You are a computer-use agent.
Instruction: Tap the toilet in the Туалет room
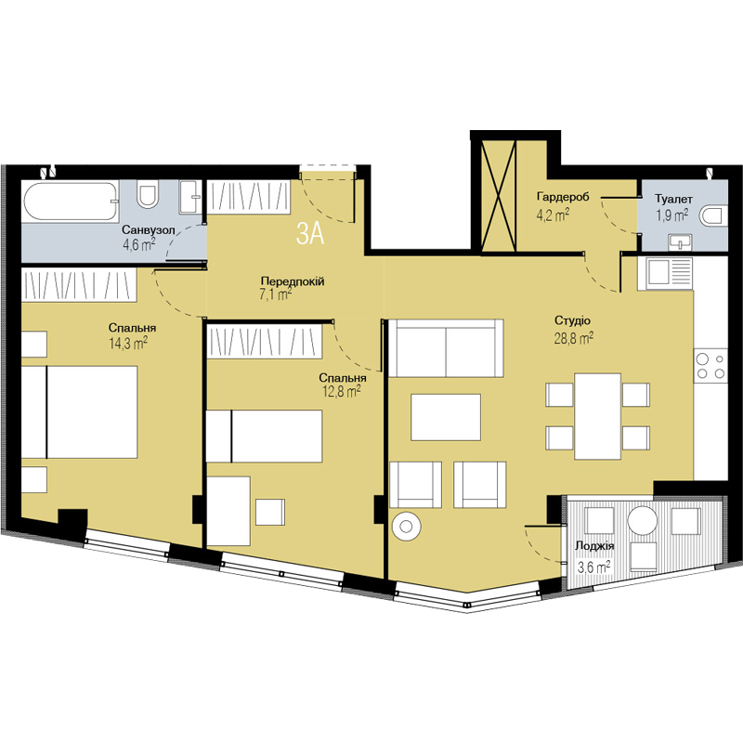tap(713, 215)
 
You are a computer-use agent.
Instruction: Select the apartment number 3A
tap(310, 234)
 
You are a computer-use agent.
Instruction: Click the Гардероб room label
tap(563, 196)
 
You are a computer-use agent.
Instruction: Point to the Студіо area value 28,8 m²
tap(574, 338)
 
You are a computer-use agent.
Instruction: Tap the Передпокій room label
tap(293, 281)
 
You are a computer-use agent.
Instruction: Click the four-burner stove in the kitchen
tap(710, 366)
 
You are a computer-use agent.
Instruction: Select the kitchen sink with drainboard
tap(665, 273)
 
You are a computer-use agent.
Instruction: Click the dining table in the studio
tap(597, 416)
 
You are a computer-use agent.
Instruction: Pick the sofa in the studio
tap(446, 347)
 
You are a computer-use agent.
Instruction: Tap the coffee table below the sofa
tap(446, 417)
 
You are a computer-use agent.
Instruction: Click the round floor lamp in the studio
tap(406, 526)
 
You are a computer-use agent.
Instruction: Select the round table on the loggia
tap(642, 520)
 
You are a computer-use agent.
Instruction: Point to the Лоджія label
tap(594, 546)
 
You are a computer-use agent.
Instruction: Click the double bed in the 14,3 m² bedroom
tap(80, 411)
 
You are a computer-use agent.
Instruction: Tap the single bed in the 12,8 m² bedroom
tap(265, 436)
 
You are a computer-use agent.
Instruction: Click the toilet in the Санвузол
tap(148, 194)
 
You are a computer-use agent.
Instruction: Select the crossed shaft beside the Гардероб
tap(498, 196)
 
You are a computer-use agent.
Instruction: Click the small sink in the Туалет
tap(681, 242)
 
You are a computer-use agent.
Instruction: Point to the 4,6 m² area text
tap(138, 245)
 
